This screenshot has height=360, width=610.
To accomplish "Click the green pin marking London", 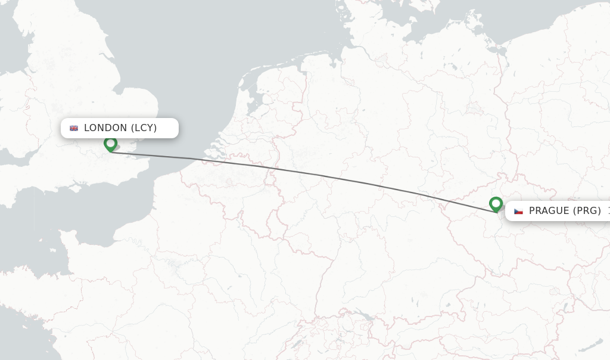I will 110,144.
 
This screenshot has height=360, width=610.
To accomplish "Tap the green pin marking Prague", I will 496,204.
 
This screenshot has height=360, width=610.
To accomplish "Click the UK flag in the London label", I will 74,128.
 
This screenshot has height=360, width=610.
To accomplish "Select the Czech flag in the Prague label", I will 518,211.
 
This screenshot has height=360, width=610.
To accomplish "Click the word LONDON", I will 105,128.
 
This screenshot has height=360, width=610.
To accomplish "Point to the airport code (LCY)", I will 144,128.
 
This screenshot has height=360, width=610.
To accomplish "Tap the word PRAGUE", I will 549,211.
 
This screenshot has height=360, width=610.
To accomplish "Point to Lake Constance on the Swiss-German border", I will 365,316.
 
